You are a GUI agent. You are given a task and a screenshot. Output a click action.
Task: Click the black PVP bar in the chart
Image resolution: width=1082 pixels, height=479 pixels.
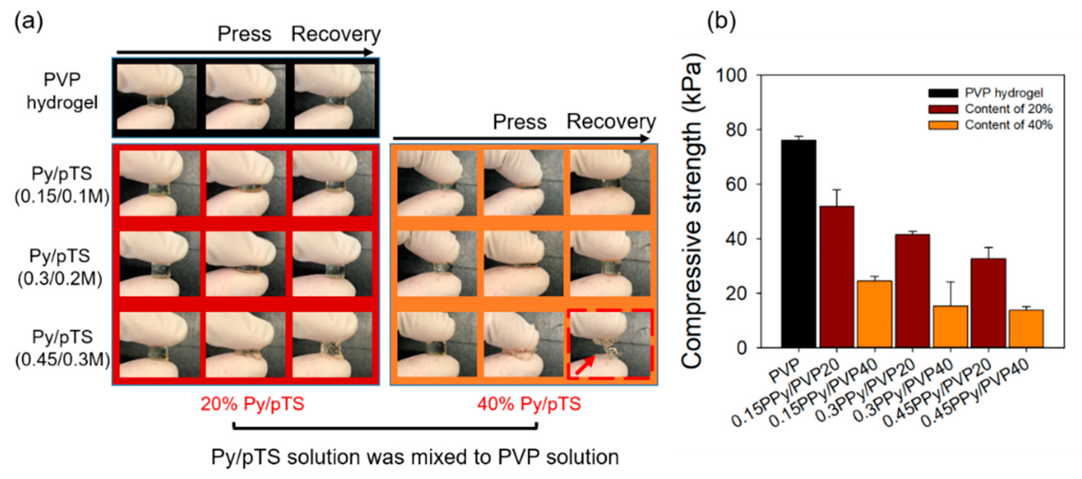click(798, 244)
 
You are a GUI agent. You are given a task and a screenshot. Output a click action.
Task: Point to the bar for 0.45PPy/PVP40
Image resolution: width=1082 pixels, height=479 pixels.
click(1026, 328)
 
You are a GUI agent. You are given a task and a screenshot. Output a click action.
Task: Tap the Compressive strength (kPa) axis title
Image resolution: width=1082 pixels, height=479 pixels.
click(691, 210)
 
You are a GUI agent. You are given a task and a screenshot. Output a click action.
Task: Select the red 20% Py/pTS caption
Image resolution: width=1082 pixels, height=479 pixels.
click(252, 404)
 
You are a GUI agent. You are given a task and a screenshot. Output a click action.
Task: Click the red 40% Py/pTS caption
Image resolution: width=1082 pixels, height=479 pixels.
click(529, 404)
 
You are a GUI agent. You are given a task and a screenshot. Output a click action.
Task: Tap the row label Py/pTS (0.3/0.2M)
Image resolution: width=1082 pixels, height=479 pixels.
click(60, 267)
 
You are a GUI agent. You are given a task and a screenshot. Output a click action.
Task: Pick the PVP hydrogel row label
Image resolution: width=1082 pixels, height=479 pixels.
click(62, 91)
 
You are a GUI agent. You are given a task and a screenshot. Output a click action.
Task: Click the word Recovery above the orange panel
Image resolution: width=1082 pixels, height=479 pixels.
click(611, 122)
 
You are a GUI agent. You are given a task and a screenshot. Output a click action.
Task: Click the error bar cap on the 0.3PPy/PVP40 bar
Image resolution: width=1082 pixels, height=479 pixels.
click(950, 282)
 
